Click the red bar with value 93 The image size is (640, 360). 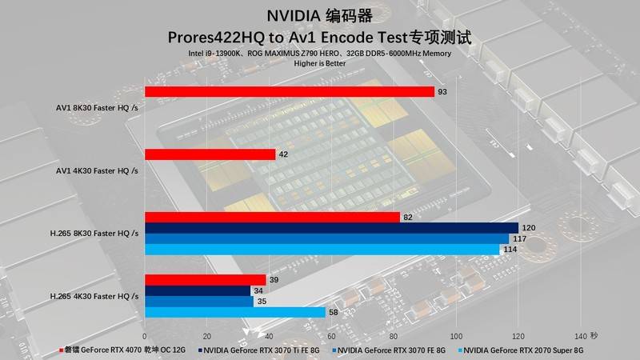click(289, 92)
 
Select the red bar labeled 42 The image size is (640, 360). click(210, 154)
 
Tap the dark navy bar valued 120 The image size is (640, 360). click(331, 228)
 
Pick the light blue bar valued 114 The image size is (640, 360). click(322, 250)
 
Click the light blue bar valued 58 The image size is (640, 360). click(235, 312)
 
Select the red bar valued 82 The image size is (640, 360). click(272, 218)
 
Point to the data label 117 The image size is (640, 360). click(519, 238)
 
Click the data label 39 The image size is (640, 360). click(274, 279)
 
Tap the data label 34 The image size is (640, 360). click(258, 290)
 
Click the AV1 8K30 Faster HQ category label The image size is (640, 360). click(97, 107)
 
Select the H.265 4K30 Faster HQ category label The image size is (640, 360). click(94, 296)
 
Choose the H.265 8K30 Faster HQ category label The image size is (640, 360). click(94, 233)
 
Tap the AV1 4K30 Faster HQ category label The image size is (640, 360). click(97, 170)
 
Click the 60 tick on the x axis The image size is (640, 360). click(332, 336)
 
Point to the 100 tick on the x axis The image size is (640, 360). click(456, 336)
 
